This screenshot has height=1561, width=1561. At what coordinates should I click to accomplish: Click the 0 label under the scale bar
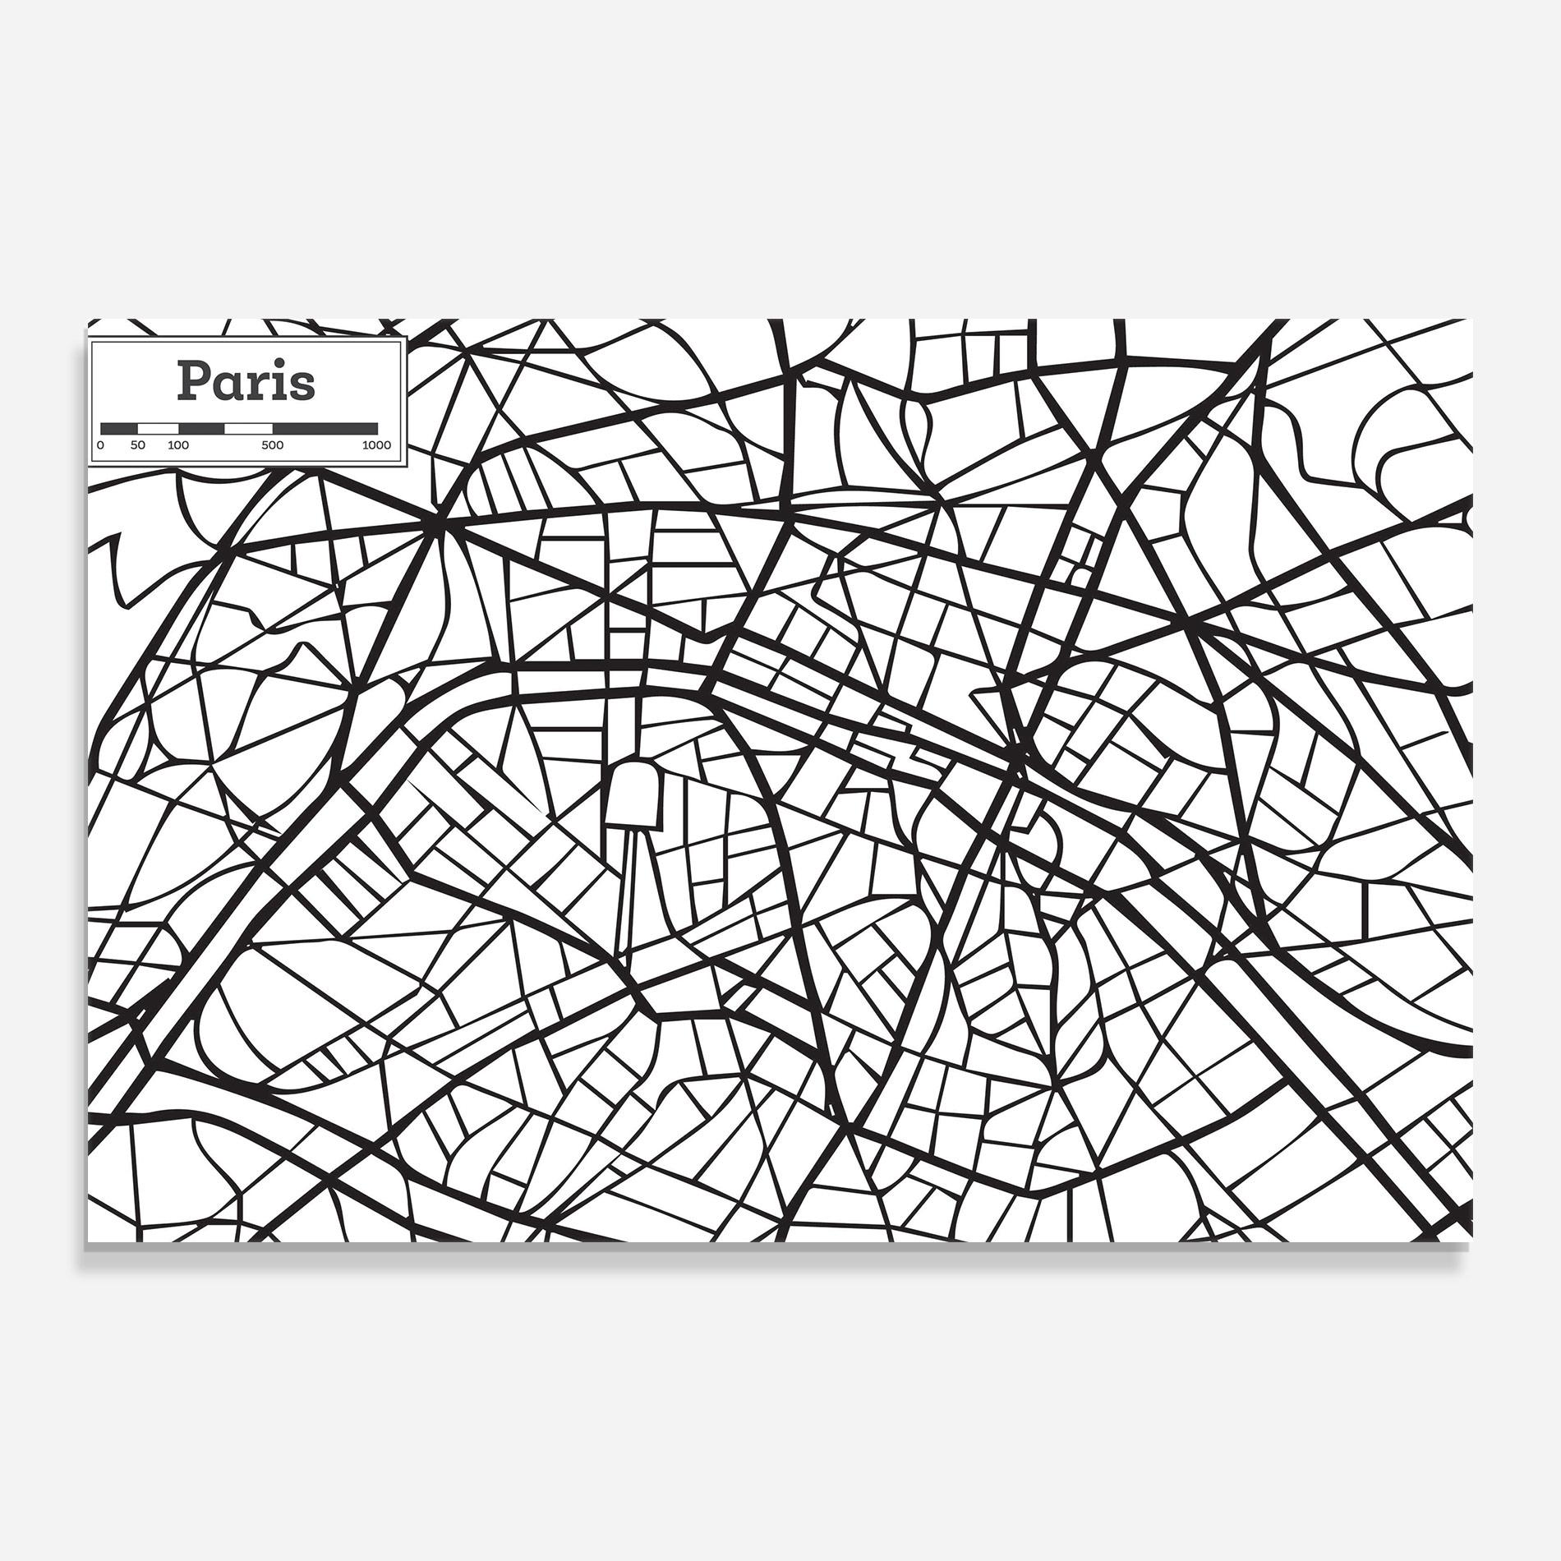[x=100, y=445]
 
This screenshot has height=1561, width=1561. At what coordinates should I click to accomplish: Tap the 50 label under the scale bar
[x=137, y=445]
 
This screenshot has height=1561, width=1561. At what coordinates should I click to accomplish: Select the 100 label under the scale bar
[x=177, y=445]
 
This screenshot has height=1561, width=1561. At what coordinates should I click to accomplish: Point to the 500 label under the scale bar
[x=272, y=445]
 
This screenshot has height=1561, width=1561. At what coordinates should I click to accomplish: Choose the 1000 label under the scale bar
[x=377, y=445]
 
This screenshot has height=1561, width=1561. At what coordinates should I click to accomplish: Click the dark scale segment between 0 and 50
[x=118, y=428]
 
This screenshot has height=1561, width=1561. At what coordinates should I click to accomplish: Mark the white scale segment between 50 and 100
[x=158, y=428]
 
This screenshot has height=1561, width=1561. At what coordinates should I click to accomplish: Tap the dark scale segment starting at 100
[x=201, y=428]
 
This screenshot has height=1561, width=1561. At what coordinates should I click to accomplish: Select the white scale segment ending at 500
[x=248, y=428]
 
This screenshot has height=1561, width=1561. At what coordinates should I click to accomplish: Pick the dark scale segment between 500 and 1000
[x=325, y=428]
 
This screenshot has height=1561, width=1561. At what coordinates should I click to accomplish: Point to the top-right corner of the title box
[x=404, y=339]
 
